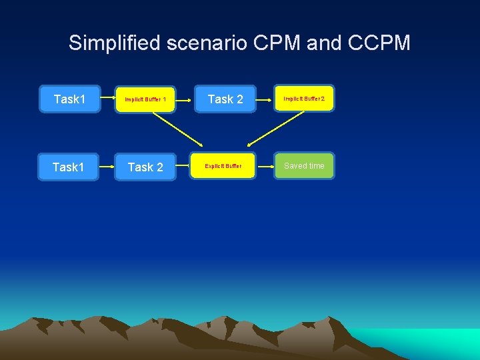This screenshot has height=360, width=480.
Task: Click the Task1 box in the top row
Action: tap(69, 99)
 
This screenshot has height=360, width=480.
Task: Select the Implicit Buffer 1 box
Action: tap(145, 100)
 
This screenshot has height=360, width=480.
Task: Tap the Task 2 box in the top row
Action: tap(225, 99)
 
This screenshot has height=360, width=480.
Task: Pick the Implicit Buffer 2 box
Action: tap(304, 99)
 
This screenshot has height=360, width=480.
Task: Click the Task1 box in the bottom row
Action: tap(69, 167)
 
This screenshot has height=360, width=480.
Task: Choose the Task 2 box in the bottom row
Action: tap(145, 167)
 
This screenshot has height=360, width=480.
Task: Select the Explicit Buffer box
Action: tap(223, 166)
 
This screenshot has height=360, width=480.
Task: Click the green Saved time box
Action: tap(304, 166)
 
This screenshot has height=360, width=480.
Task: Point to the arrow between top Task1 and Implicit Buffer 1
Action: tap(107, 100)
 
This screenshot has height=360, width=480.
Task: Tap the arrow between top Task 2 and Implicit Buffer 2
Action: tap(263, 99)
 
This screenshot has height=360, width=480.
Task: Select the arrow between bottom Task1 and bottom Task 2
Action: tap(107, 167)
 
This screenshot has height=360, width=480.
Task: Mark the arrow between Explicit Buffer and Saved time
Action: tap(264, 166)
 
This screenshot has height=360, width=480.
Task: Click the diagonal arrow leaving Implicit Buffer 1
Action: tap(178, 129)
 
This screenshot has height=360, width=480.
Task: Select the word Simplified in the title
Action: tap(114, 44)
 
